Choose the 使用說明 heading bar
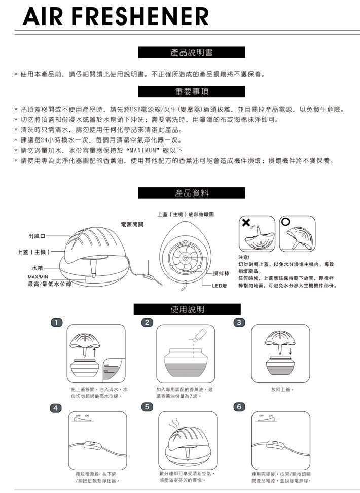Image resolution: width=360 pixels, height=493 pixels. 188,309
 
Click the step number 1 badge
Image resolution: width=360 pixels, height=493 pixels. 58,322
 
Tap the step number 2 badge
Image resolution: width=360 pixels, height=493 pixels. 147,322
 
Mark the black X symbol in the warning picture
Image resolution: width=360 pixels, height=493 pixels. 246,223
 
